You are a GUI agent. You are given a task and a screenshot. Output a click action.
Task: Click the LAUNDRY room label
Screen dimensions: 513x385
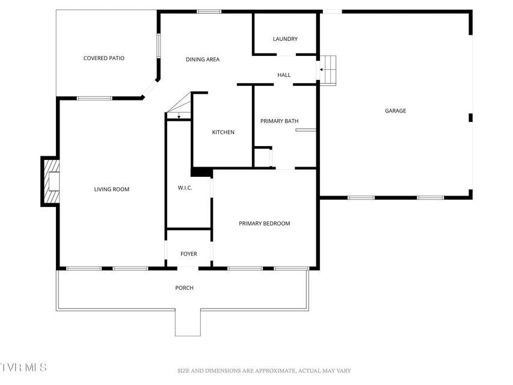pyautogui.click(x=285, y=39)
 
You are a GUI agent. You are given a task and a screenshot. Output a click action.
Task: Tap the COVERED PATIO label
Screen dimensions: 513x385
pyautogui.click(x=103, y=58)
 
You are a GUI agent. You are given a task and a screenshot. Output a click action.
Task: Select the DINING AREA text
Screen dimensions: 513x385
pyautogui.click(x=203, y=60)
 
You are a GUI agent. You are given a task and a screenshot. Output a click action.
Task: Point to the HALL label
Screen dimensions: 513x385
pyautogui.click(x=284, y=75)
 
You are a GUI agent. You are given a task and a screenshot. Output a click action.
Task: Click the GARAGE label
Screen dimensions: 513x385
pyautogui.click(x=395, y=111)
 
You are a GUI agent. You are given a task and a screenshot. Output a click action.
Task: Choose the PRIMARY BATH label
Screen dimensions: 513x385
pyautogui.click(x=280, y=121)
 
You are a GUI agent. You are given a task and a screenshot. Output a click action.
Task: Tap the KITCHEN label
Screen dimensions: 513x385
pyautogui.click(x=223, y=132)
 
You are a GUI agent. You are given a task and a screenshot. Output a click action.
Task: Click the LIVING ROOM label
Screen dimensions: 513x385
pyautogui.click(x=112, y=189)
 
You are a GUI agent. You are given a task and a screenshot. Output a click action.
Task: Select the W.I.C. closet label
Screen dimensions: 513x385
pyautogui.click(x=185, y=188)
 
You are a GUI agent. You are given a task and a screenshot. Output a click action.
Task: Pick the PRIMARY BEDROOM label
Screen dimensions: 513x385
pyautogui.click(x=265, y=224)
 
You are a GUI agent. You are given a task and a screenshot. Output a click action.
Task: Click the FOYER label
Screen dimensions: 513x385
pyautogui.click(x=189, y=254)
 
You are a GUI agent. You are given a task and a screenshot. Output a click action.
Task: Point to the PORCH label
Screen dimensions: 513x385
pyautogui.click(x=184, y=288)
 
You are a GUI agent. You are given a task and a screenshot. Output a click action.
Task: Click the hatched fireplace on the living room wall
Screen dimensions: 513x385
pyautogui.click(x=52, y=181)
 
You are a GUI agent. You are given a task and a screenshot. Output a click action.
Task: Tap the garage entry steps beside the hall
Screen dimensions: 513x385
pyautogui.click(x=328, y=70)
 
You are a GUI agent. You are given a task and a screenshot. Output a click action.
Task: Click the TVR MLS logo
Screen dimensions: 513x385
pyautogui.click(x=23, y=368)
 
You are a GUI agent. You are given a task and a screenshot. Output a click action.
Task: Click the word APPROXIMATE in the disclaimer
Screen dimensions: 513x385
pyautogui.click(x=275, y=371)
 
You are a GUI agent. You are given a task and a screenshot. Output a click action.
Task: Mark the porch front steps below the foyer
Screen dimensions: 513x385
pyautogui.click(x=188, y=322)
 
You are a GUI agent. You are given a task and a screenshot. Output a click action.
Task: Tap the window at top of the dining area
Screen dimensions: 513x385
pyautogui.click(x=209, y=12)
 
